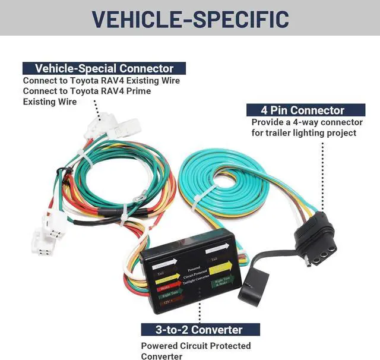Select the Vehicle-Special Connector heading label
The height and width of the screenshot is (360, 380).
click(x=104, y=68)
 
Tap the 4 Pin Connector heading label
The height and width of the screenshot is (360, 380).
click(x=302, y=110)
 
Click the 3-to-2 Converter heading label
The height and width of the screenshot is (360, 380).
click(x=191, y=330)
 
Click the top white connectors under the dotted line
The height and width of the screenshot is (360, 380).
click(x=107, y=127)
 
